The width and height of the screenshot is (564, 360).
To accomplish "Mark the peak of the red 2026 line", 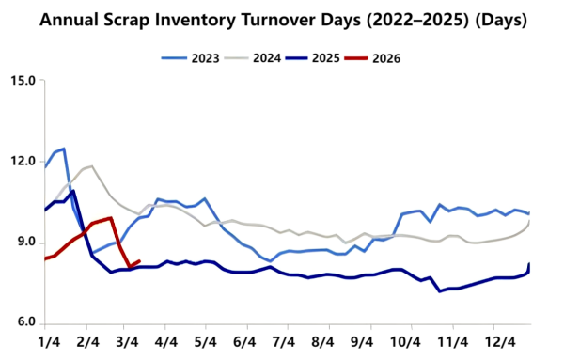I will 111,218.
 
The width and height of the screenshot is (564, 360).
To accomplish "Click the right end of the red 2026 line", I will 139,261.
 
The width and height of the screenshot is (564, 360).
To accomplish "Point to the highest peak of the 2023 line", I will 63,149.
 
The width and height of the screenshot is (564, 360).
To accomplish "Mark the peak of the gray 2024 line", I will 91,166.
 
